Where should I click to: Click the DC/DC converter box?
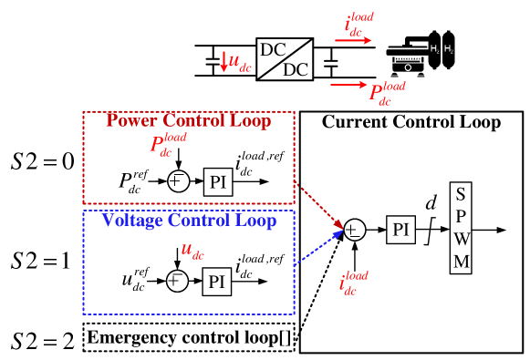[x=284, y=60]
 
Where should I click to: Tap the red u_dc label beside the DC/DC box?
[x=239, y=63]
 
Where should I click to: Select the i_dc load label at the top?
[x=359, y=23]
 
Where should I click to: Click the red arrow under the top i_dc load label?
[x=353, y=40]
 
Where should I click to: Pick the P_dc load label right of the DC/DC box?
[x=387, y=93]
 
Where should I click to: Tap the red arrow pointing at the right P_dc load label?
[x=348, y=86]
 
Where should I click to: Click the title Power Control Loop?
[x=188, y=121]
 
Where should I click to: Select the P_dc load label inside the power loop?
[x=168, y=144]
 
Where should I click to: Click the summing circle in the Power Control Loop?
[x=178, y=181]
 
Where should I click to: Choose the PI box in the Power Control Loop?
[x=217, y=181]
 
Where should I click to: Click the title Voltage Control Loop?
[x=189, y=221]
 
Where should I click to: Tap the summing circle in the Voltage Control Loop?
[x=178, y=281]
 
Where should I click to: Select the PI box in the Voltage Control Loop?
[x=216, y=282]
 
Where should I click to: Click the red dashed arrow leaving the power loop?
[x=319, y=204]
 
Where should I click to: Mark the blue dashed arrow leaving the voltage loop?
[x=319, y=248]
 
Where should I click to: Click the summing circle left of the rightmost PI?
[x=354, y=230]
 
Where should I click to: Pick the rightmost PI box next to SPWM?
[x=400, y=230]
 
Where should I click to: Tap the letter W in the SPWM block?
[x=462, y=240]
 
